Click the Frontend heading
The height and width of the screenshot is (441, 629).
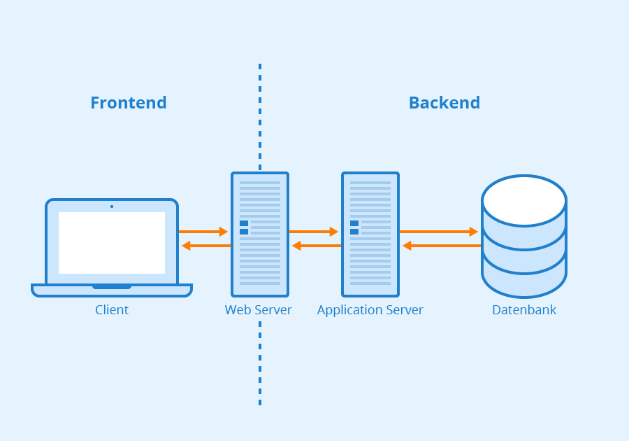click(x=129, y=103)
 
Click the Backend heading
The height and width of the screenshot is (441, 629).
click(x=444, y=103)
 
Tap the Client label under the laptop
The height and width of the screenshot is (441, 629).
click(x=112, y=310)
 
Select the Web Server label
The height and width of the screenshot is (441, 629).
click(x=259, y=310)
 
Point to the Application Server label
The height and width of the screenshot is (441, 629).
click(x=370, y=310)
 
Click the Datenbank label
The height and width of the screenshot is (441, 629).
click(x=524, y=310)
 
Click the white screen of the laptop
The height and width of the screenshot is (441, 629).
click(x=112, y=243)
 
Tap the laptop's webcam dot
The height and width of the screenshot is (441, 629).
click(x=112, y=206)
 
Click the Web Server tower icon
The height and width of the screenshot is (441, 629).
click(x=260, y=234)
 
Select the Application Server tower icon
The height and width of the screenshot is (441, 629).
click(x=370, y=234)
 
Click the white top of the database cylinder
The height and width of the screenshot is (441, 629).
click(x=524, y=200)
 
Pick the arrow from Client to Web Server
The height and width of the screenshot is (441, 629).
click(x=203, y=232)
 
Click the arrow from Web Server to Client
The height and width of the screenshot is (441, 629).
click(x=206, y=246)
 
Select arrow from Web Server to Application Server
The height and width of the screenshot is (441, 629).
click(x=313, y=232)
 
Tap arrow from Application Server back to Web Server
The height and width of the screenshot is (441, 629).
click(x=317, y=246)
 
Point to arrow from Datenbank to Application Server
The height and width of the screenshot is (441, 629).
click(x=442, y=246)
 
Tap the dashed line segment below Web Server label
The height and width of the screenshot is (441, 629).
click(x=260, y=364)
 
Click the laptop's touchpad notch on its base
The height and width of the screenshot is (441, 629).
click(x=112, y=286)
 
